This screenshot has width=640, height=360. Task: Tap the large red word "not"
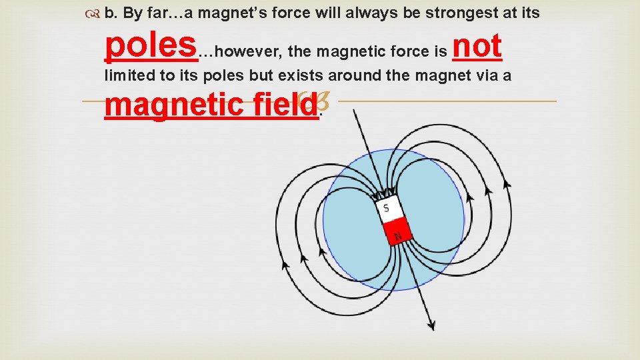(476, 46)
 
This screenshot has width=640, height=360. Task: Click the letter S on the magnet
(386, 208)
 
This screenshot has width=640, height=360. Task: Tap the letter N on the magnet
(399, 235)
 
